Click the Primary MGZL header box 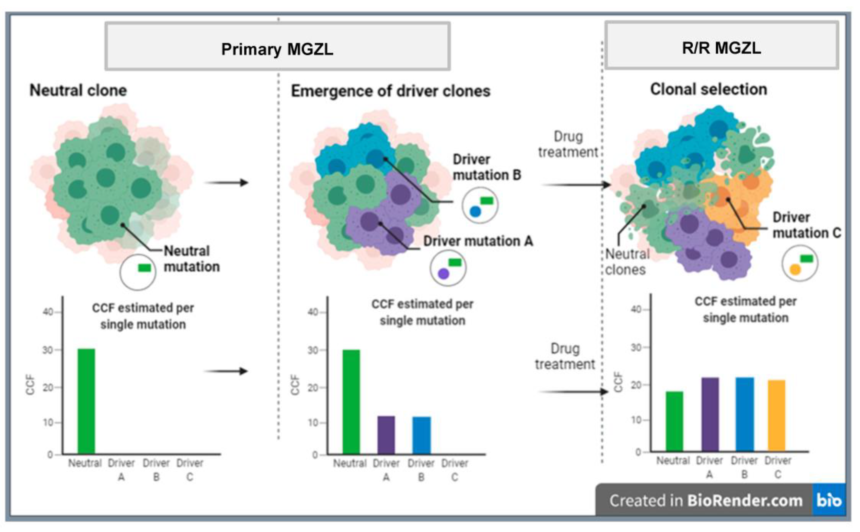(277, 46)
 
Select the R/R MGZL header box (722, 46)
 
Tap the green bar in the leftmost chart (86, 401)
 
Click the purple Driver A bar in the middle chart (386, 435)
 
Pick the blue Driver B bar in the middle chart (422, 435)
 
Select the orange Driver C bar (776, 415)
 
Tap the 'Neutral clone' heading (78, 90)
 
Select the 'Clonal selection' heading (708, 89)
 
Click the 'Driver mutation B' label (486, 167)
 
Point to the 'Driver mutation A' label (478, 241)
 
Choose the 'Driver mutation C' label (806, 225)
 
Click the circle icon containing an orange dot (799, 263)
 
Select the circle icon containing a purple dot (448, 268)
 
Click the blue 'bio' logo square (829, 500)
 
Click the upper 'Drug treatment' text (568, 144)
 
